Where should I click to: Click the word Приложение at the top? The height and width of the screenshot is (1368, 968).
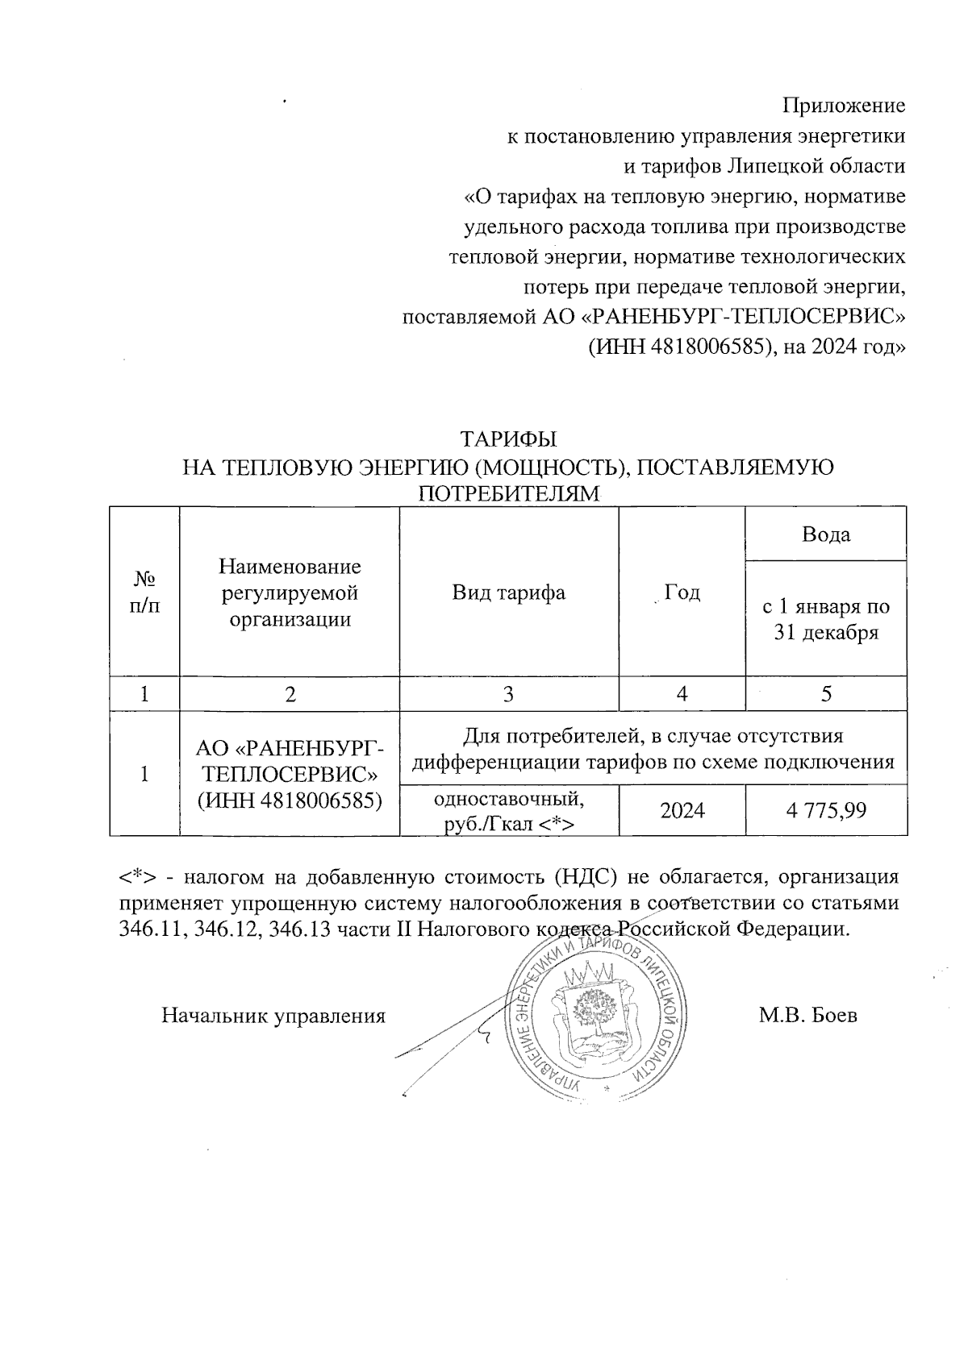844,106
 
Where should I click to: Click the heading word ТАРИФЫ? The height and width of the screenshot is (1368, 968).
508,440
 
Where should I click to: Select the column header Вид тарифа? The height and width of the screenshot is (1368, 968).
508,593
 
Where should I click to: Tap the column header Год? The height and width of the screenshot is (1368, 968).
682,593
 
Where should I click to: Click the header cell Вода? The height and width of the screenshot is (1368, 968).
826,534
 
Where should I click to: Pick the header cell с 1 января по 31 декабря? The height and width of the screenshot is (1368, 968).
826,619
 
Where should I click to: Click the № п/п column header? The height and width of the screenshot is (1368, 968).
144,593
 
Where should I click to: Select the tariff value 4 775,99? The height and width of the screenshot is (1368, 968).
826,810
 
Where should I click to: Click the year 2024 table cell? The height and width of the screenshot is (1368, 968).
682,810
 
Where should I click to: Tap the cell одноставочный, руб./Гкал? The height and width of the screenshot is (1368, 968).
508,811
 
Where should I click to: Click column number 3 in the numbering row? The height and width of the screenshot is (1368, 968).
508,694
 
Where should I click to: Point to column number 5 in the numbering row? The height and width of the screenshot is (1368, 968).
826,694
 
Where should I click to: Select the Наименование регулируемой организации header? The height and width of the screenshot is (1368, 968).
290,593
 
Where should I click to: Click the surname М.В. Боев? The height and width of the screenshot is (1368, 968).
807,1015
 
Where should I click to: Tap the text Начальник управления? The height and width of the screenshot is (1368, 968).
273,1016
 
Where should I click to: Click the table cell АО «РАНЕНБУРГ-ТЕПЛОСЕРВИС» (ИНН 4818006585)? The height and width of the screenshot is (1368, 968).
290,774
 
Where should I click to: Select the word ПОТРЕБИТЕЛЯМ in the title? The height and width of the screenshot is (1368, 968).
508,493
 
